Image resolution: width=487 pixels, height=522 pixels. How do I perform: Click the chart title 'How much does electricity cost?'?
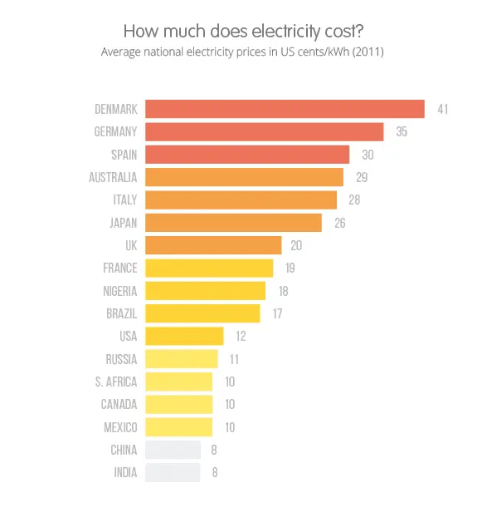click(x=242, y=32)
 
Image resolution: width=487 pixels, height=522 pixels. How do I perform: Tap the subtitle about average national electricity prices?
click(x=242, y=52)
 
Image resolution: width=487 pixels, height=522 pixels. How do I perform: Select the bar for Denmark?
click(x=285, y=109)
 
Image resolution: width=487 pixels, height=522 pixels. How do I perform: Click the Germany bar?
click(x=264, y=131)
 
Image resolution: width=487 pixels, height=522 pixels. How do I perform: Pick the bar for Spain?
click(x=247, y=155)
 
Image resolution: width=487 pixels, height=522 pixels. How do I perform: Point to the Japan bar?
click(x=233, y=223)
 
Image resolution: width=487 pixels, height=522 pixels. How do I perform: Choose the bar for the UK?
click(x=213, y=245)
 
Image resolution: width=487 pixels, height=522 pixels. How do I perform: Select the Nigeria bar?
click(x=205, y=290)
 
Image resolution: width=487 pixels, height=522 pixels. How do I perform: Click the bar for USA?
click(x=184, y=336)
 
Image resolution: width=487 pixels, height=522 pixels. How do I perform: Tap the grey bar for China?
click(x=173, y=450)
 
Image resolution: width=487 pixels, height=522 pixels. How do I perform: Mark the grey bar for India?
click(x=173, y=472)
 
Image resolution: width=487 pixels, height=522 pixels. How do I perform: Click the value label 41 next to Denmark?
click(x=443, y=109)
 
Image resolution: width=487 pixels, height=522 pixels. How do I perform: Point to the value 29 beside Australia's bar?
click(x=362, y=177)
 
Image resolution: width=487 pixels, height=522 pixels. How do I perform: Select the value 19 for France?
click(x=290, y=268)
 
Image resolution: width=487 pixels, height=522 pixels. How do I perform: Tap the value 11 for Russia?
click(x=235, y=359)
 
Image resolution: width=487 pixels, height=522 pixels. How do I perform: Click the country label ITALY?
click(x=124, y=199)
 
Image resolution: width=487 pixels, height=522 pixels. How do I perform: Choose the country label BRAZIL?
click(x=121, y=313)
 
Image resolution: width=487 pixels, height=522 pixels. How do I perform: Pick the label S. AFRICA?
click(x=116, y=382)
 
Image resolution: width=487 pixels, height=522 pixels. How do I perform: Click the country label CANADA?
click(x=119, y=404)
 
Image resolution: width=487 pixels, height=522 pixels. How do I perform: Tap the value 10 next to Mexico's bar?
click(x=231, y=427)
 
